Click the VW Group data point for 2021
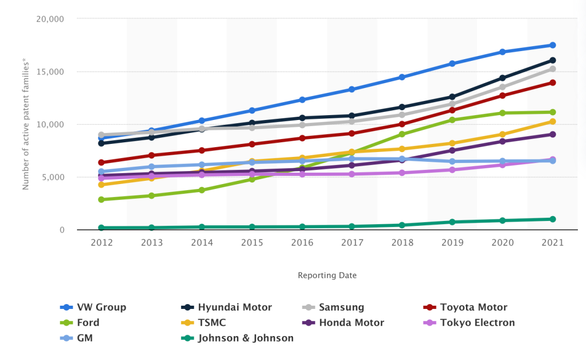552,45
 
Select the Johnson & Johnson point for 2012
101,228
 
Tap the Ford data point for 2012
101,199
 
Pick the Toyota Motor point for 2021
552,83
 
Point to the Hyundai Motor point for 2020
502,78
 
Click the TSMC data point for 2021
552,121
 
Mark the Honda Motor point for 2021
552,134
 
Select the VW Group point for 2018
402,77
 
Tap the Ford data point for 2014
202,190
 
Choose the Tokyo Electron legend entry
469,323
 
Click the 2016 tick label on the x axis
302,243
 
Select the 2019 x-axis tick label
452,243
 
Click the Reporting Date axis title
327,275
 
